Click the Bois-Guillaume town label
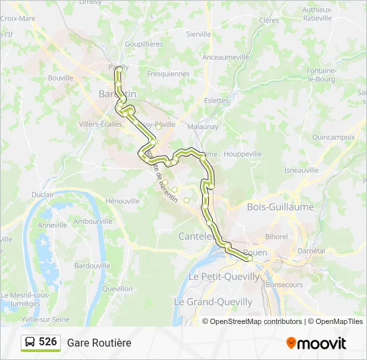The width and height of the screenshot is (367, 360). (x=280, y=207)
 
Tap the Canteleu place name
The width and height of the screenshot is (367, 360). (x=196, y=236)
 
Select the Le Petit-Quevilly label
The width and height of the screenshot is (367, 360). (x=224, y=276)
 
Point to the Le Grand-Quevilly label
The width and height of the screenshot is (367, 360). (x=214, y=302)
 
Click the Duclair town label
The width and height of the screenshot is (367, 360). (x=42, y=195)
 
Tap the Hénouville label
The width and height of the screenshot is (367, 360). (x=123, y=201)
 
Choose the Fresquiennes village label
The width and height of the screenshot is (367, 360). (x=168, y=74)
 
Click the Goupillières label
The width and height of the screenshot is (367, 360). (x=143, y=44)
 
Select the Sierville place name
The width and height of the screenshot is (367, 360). (x=198, y=33)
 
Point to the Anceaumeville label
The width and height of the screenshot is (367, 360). (x=225, y=57)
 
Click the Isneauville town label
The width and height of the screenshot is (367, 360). (x=301, y=170)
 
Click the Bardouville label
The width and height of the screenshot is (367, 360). (x=92, y=265)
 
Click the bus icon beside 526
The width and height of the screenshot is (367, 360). (x=30, y=342)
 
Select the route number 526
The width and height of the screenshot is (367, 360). (x=48, y=342)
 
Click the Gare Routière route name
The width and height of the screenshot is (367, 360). (x=99, y=343)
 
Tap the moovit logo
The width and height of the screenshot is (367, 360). (x=316, y=343)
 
